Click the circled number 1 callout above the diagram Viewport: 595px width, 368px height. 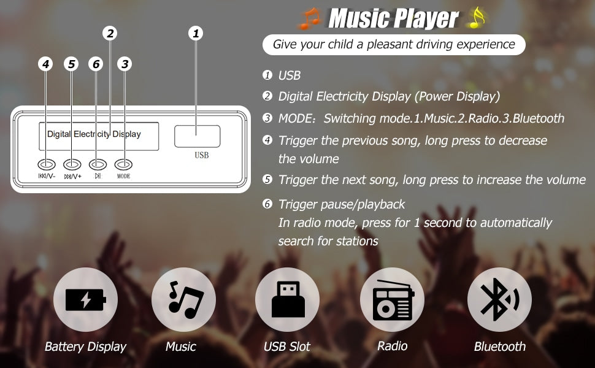[196, 33]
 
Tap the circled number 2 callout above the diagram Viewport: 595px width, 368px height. [110, 33]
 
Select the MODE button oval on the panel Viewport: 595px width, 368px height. [123, 164]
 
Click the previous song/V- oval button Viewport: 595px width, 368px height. [46, 164]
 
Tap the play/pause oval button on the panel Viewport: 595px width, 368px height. [98, 164]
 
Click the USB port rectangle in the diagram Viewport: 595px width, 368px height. [198, 136]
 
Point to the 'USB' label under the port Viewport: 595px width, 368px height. [201, 155]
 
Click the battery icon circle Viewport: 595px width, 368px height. [85, 299]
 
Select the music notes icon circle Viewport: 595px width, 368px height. [183, 299]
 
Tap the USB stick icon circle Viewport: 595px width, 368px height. [287, 299]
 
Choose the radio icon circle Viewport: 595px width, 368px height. [392, 299]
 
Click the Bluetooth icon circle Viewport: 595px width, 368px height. [499, 299]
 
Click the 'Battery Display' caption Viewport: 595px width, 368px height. [85, 347]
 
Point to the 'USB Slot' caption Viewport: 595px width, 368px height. [287, 347]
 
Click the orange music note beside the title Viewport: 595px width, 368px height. [310, 18]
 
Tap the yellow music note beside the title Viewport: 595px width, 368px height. [477, 18]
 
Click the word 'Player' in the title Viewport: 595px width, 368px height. [426, 18]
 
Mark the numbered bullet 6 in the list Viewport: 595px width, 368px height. [267, 204]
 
